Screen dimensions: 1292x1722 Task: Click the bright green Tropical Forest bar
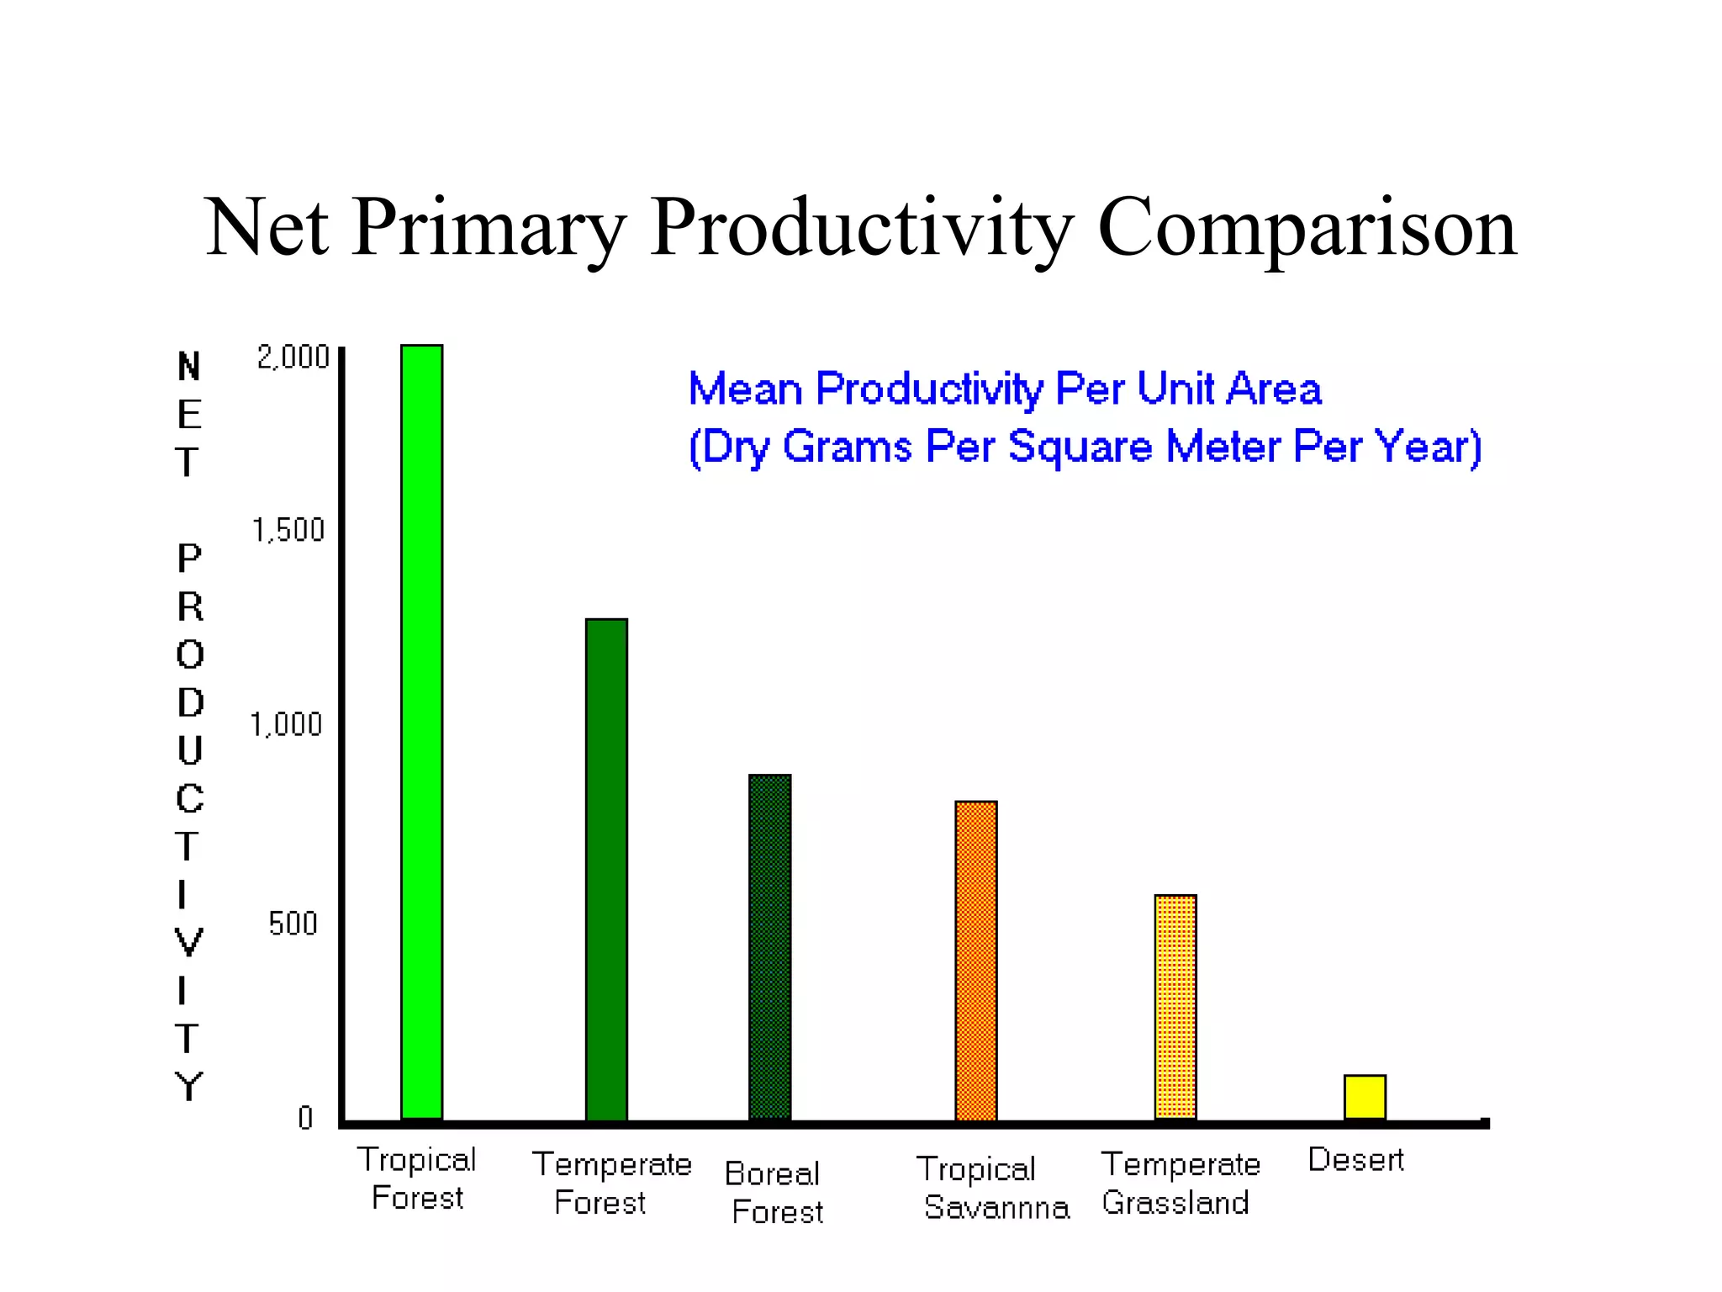[x=421, y=732]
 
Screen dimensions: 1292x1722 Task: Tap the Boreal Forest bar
[x=769, y=947]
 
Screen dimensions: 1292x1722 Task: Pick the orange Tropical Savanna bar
[x=975, y=961]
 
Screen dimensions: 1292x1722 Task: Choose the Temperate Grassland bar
[x=1175, y=1007]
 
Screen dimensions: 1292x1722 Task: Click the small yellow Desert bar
[x=1364, y=1097]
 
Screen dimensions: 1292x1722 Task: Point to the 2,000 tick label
[x=293, y=357]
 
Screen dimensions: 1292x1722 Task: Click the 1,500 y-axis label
[x=288, y=530]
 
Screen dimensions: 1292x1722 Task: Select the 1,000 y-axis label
[x=287, y=724]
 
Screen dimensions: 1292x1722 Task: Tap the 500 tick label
[x=293, y=924]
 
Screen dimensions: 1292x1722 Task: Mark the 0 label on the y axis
[x=305, y=1117]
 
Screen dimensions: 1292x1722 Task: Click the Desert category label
[x=1355, y=1160]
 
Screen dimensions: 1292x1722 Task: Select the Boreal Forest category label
[x=774, y=1193]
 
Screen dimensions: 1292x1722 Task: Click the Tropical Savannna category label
[x=992, y=1188]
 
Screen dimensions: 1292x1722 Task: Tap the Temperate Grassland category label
[x=1180, y=1183]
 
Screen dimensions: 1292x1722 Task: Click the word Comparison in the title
[x=1307, y=227]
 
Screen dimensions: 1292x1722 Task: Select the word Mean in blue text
[x=745, y=389]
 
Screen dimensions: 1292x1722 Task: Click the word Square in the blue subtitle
[x=1080, y=446]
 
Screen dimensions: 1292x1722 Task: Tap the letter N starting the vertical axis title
[x=189, y=367]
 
